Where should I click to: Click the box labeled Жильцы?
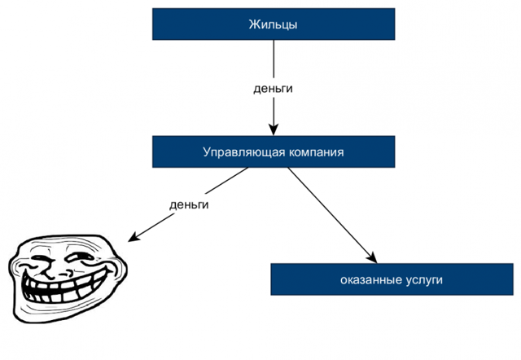tap(274, 24)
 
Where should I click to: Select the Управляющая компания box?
tap(274, 152)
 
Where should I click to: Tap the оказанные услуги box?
tap(392, 279)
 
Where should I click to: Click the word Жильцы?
tap(274, 24)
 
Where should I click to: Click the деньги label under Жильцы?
tap(273, 87)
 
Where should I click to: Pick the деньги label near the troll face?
tap(189, 204)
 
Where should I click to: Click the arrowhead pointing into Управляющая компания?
tap(274, 129)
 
